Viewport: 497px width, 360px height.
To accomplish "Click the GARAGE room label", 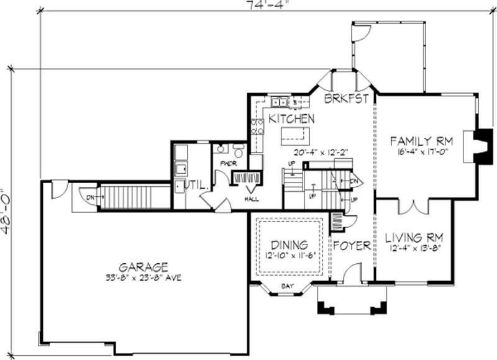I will point(144,268).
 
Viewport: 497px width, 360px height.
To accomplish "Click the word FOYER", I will point(352,245).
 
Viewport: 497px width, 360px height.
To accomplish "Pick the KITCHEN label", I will point(291,118).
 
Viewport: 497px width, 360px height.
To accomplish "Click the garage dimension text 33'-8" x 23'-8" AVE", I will point(144,279).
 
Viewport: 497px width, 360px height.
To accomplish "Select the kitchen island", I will point(296,135).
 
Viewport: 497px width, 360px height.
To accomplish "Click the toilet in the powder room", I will point(237,151).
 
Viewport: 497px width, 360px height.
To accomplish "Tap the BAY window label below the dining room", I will point(287,286).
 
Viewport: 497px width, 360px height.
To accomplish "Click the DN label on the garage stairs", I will point(89,197).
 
